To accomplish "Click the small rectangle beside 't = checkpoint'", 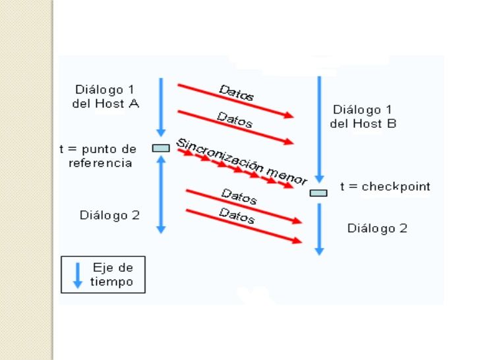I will (318, 193).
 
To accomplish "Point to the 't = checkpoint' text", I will (384, 187).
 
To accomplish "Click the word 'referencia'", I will (100, 162).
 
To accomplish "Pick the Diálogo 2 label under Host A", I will (109, 215).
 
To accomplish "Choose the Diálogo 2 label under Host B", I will (377, 228).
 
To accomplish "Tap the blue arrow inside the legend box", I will (77, 274).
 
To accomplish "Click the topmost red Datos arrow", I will (235, 101).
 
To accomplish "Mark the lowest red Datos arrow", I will (244, 226).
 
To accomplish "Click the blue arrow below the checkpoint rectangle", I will (319, 228).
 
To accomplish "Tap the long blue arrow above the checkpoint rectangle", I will (319, 129).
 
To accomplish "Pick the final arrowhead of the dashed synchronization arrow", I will (287, 185).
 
